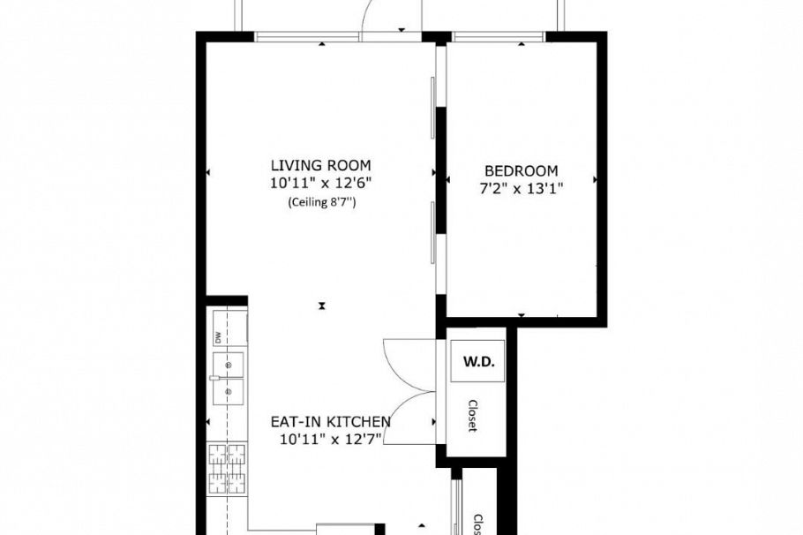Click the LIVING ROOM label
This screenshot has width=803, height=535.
click(x=320, y=165)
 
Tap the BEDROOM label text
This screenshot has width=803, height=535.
click(x=521, y=170)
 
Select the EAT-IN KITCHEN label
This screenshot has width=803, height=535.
click(x=330, y=422)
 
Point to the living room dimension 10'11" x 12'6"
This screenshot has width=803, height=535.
click(x=320, y=184)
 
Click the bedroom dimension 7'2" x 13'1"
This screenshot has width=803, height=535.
click(x=521, y=187)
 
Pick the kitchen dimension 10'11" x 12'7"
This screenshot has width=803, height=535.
click(x=330, y=439)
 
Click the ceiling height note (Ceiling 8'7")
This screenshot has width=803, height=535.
click(x=320, y=202)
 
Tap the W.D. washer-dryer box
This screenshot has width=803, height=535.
click(x=477, y=362)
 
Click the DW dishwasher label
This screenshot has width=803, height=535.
click(x=217, y=336)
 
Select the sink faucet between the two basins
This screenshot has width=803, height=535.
click(x=214, y=376)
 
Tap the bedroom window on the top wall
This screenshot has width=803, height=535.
click(x=499, y=36)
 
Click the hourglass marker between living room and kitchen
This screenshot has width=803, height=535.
click(x=323, y=306)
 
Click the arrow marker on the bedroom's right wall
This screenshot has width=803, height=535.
click(x=596, y=179)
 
